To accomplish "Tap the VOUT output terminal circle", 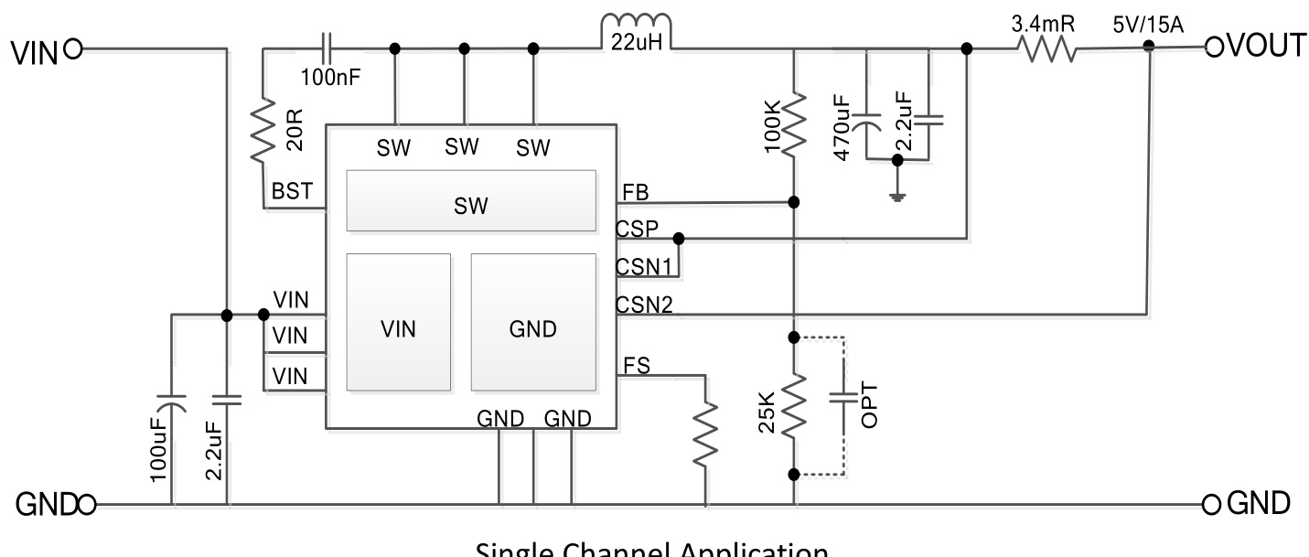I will pos(1213,47).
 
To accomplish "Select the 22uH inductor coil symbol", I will pos(636,31).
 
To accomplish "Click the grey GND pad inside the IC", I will pos(533,322).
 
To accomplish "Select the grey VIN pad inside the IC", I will pos(399,322).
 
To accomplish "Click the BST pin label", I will pos(293,192).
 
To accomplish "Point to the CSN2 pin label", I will pos(646,305).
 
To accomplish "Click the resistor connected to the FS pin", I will pos(706,435).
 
